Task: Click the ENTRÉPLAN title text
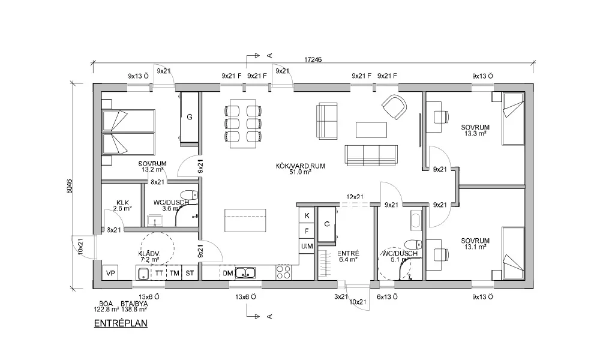pyautogui.click(x=121, y=323)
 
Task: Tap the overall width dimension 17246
pyautogui.click(x=313, y=59)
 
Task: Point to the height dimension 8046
pyautogui.click(x=70, y=186)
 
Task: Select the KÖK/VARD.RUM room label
pyautogui.click(x=301, y=169)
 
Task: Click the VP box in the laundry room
pyautogui.click(x=110, y=273)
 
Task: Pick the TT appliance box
pyautogui.click(x=159, y=273)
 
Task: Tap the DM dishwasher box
pyautogui.click(x=227, y=273)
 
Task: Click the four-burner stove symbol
pyautogui.click(x=284, y=272)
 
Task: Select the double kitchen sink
pyautogui.click(x=245, y=273)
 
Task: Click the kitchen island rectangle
pyautogui.click(x=245, y=220)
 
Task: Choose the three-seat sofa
pyautogui.click(x=371, y=155)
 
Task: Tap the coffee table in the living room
pyautogui.click(x=371, y=130)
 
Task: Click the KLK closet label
pyautogui.click(x=122, y=205)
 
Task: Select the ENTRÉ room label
pyautogui.click(x=348, y=256)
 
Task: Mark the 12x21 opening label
pyautogui.click(x=355, y=197)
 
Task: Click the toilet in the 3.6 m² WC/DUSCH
pyautogui.click(x=189, y=195)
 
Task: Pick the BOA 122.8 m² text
pyautogui.click(x=106, y=306)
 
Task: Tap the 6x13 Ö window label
pyautogui.click(x=387, y=296)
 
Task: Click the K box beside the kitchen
pyautogui.click(x=307, y=216)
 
